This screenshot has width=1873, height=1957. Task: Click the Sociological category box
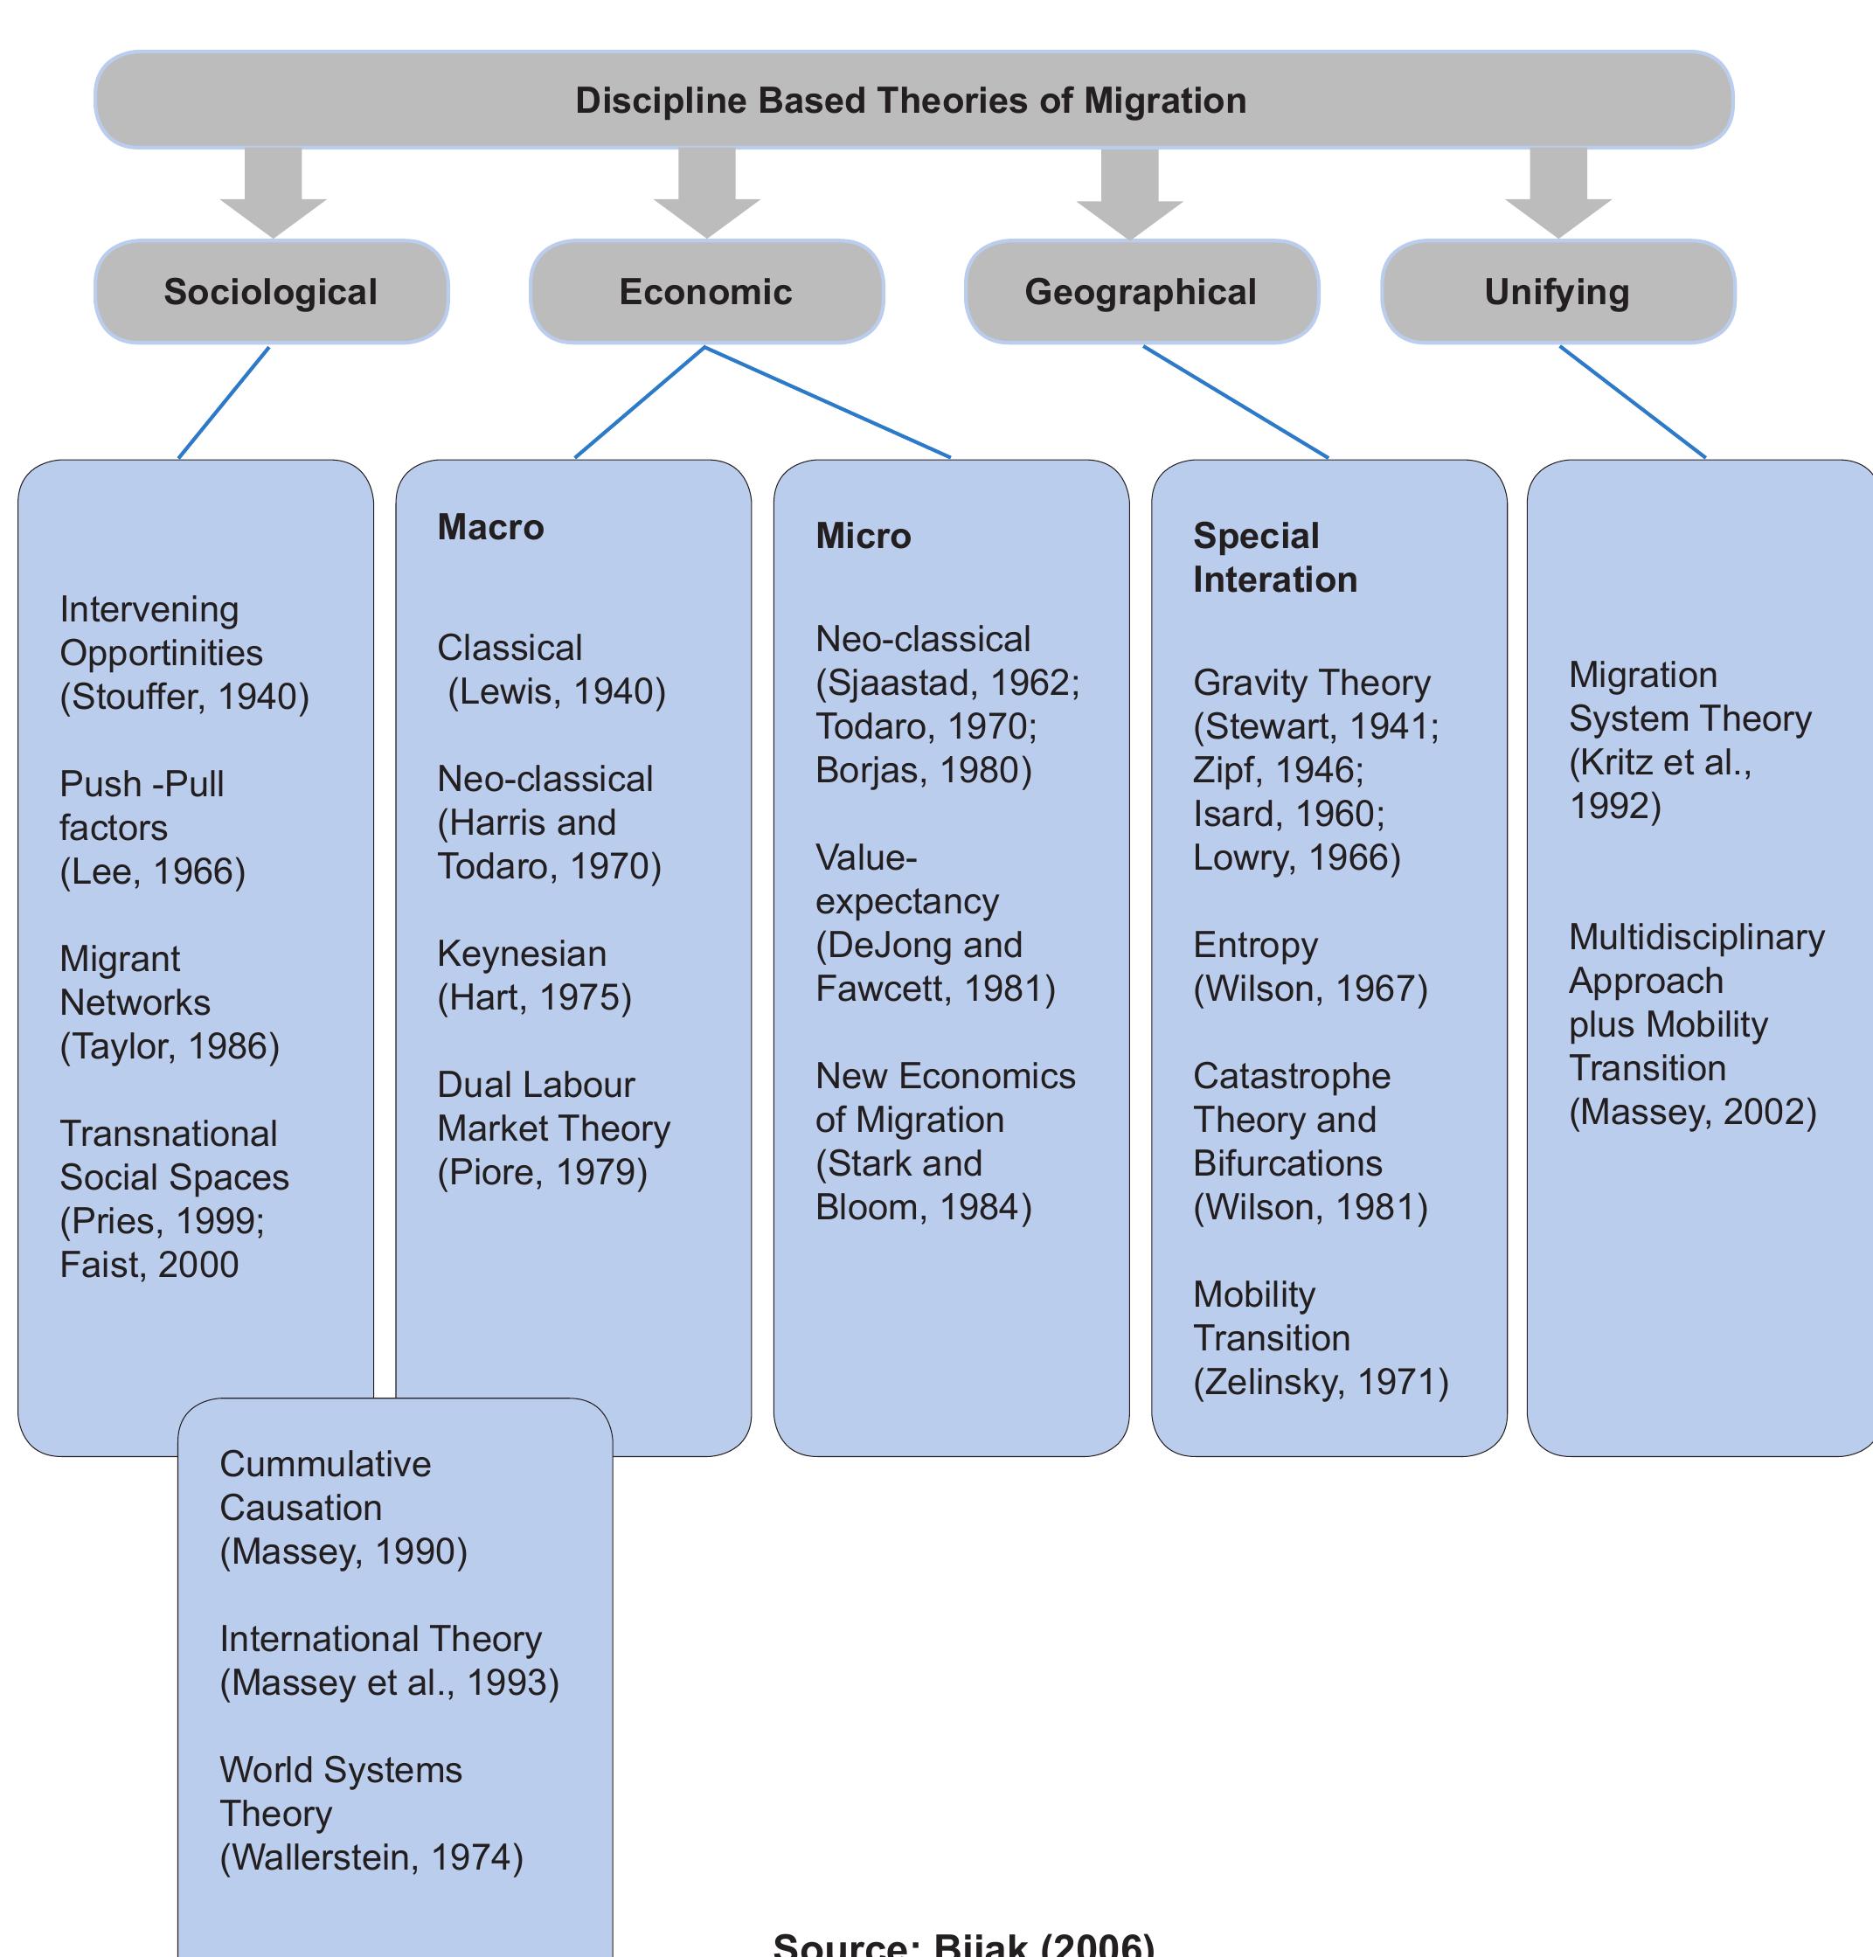[271, 292]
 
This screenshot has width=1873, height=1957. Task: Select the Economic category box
[706, 292]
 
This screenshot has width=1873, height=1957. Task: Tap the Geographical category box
[1141, 292]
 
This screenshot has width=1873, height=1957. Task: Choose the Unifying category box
[1557, 292]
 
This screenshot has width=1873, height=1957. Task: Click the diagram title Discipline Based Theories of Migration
[911, 101]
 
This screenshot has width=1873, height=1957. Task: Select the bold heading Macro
[490, 527]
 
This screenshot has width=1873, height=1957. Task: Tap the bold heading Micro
[863, 536]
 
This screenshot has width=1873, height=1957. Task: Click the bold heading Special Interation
[1274, 557]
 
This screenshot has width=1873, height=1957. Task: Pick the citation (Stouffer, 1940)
[184, 697]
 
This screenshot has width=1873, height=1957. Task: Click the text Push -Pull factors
[141, 806]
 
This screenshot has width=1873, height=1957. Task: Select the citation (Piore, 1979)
[542, 1172]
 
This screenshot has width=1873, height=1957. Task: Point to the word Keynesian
[521, 954]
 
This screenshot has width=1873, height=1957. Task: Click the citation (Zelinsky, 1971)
[1320, 1382]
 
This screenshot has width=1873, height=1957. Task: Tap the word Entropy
[1255, 945]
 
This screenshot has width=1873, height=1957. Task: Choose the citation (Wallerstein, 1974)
[371, 1857]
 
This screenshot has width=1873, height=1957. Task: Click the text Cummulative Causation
[324, 1486]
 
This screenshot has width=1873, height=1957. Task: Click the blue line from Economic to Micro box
[829, 402]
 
